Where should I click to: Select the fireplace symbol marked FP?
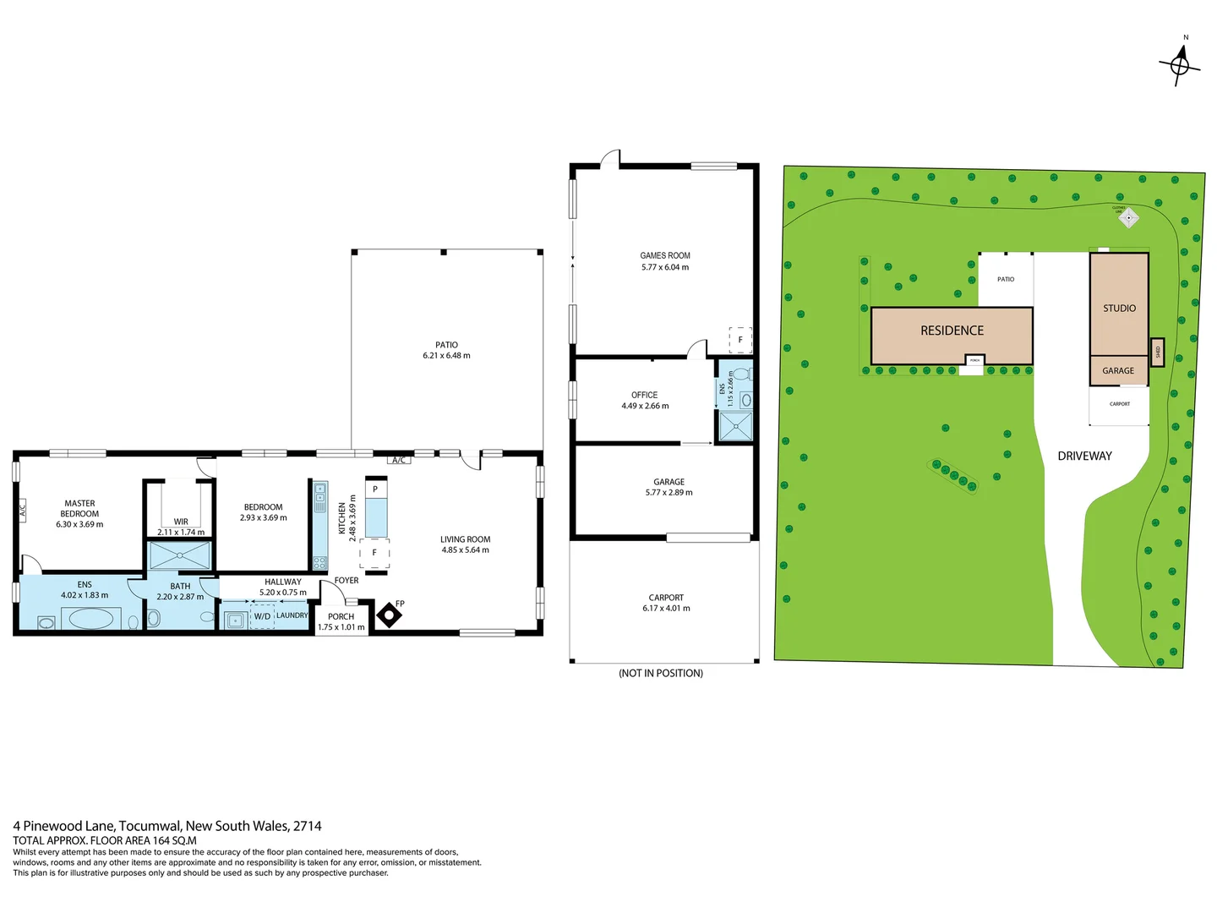click(388, 615)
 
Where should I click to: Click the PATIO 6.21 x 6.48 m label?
click(446, 350)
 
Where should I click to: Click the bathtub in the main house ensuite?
click(90, 619)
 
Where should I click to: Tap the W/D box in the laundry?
click(262, 616)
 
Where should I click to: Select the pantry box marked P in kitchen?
click(375, 489)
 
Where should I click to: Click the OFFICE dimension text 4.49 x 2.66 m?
click(645, 406)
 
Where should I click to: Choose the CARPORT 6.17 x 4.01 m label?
click(666, 603)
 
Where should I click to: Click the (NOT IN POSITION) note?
click(661, 673)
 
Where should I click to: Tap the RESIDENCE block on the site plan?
click(952, 331)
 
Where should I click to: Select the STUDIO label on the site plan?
click(1119, 309)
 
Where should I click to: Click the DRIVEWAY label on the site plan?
click(1084, 456)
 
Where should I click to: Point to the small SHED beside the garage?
click(1158, 352)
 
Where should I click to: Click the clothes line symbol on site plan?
click(1128, 217)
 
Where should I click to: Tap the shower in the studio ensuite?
click(735, 427)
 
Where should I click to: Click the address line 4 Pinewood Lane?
click(167, 826)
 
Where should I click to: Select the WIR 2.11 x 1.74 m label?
click(181, 527)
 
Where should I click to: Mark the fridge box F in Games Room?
click(740, 340)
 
